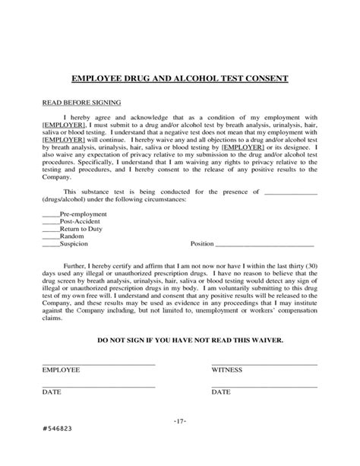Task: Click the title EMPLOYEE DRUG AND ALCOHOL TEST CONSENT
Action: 179,78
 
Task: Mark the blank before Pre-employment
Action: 50,214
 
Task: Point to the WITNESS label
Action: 227,370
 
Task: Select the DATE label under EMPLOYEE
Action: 52,392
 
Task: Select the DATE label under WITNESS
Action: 221,392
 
